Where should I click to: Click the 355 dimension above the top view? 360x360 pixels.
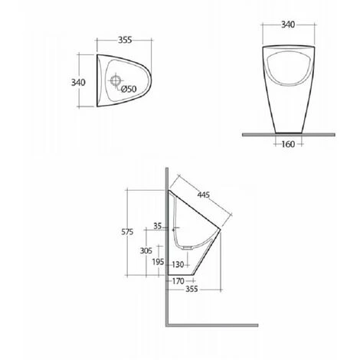(125, 40)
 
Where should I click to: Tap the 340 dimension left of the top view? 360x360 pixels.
(78, 83)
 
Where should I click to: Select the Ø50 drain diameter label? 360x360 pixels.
(129, 89)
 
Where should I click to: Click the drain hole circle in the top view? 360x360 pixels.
(116, 80)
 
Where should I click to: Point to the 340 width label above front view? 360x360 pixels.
(288, 25)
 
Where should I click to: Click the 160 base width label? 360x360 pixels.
(288, 144)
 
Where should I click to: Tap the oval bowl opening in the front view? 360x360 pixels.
(289, 68)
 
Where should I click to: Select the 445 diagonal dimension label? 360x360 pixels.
(204, 195)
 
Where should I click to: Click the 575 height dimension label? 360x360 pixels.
(127, 232)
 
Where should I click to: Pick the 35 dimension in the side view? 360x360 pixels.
(158, 226)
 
